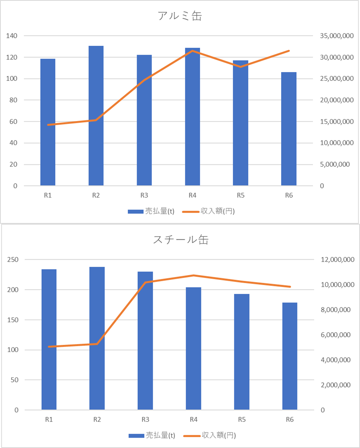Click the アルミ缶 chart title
pos(180,16)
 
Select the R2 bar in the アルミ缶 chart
pos(96,115)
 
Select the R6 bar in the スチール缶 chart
pos(290,356)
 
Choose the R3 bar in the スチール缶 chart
pos(145,340)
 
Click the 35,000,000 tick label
pos(337,36)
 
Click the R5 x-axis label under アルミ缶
pos(241,195)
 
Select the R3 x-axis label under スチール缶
pos(145,419)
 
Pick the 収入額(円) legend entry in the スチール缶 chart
pos(209,435)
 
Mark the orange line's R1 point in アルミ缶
pos(48,125)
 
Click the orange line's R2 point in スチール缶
pos(97,344)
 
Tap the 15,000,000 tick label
pos(337,121)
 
